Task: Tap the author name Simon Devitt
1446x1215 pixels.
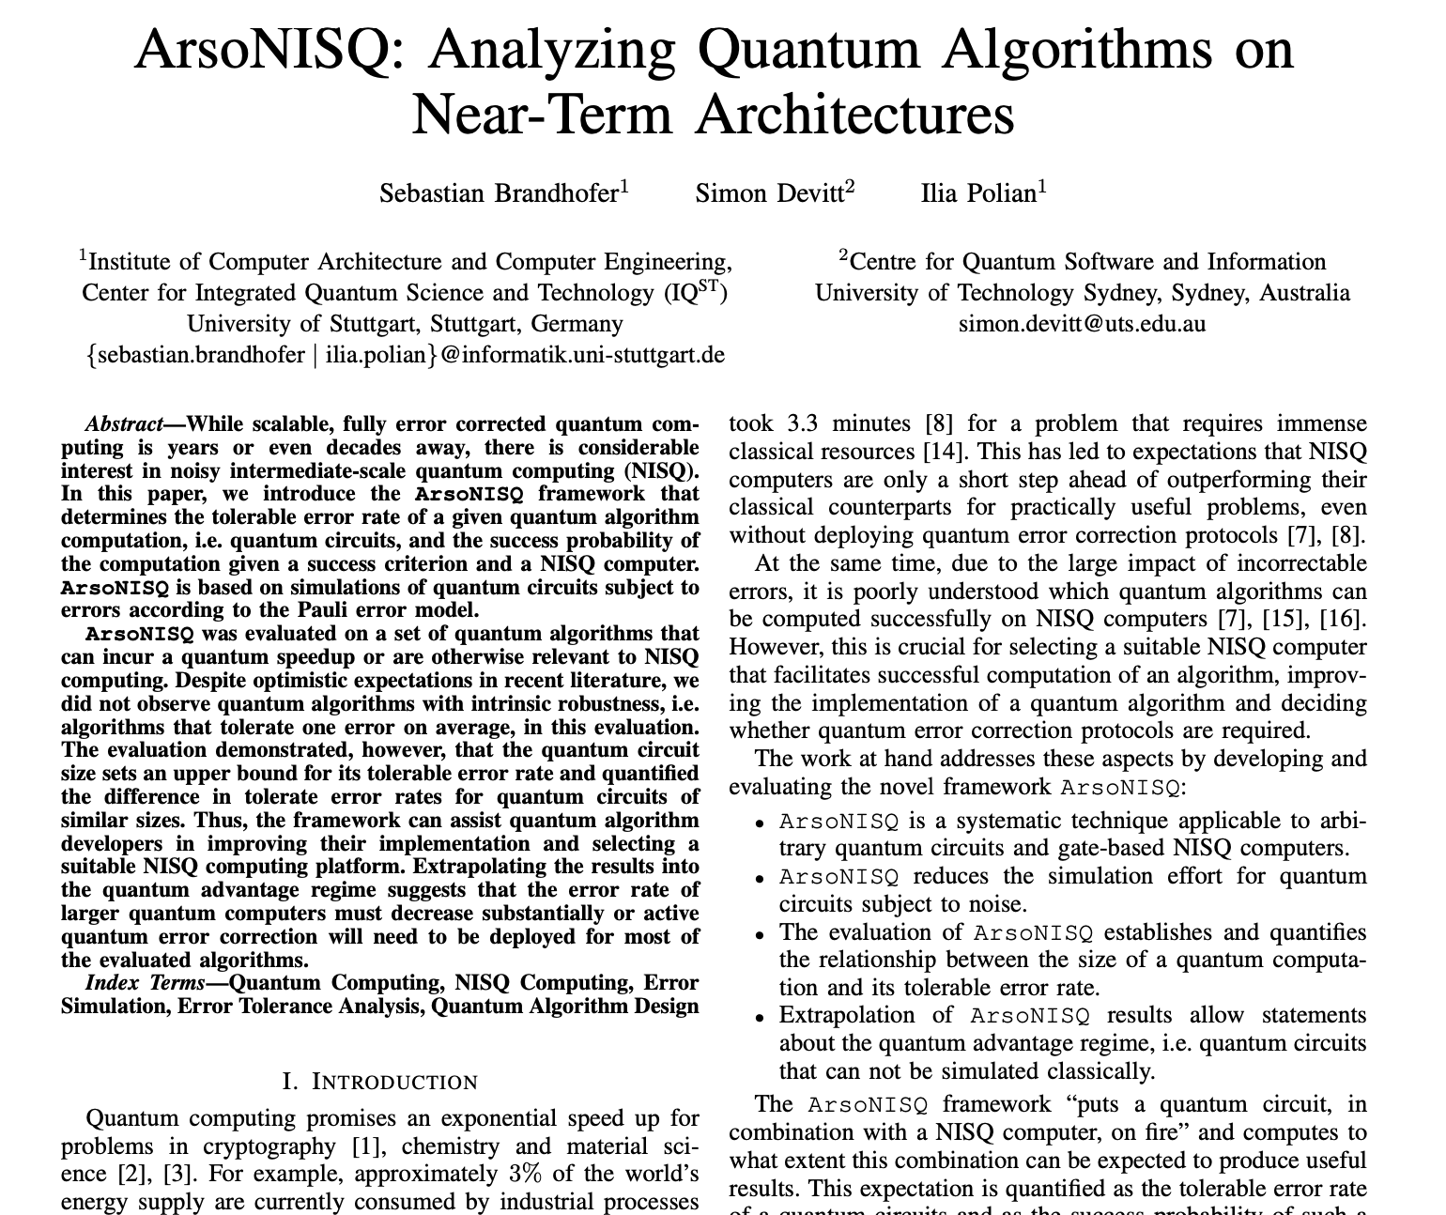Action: (x=769, y=193)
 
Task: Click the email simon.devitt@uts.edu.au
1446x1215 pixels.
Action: (x=1082, y=324)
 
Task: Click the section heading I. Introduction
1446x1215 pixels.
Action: (x=380, y=1082)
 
